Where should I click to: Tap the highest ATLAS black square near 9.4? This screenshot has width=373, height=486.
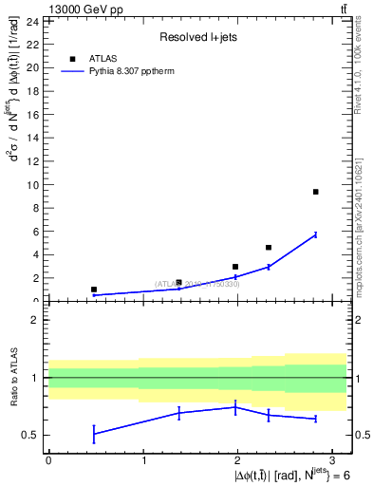click(x=315, y=192)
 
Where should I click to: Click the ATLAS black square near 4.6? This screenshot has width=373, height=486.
click(x=269, y=248)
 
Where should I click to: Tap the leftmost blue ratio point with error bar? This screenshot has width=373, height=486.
click(x=93, y=434)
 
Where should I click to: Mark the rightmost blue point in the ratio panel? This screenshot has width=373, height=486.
click(x=315, y=419)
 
